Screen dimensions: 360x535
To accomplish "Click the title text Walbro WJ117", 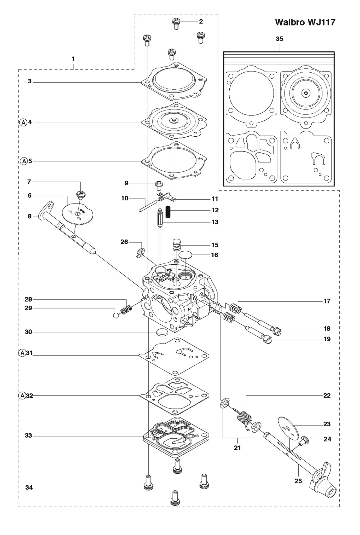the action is (305, 22).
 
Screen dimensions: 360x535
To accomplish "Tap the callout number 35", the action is (279, 39).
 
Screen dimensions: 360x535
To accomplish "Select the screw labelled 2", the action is (176, 24).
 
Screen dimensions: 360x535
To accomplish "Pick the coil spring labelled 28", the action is (126, 310).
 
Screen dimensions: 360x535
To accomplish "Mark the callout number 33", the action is (28, 436).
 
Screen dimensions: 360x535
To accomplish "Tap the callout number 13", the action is (215, 222).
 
